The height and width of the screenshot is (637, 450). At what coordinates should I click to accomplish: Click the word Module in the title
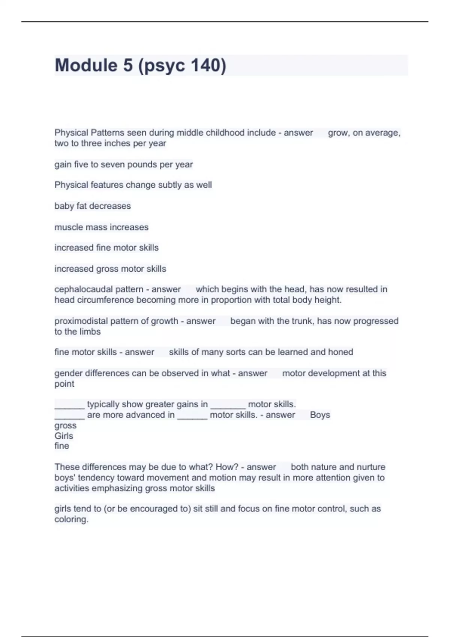pyautogui.click(x=86, y=65)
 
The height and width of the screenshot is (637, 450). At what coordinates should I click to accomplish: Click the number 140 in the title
pyautogui.click(x=206, y=65)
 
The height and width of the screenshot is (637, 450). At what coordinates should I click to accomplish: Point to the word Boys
pyautogui.click(x=320, y=415)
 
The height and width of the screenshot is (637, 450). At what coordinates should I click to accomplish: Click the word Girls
pyautogui.click(x=64, y=436)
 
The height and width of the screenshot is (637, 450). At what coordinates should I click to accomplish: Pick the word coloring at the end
pyautogui.click(x=71, y=519)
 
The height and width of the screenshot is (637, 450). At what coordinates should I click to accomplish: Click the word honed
pyautogui.click(x=340, y=352)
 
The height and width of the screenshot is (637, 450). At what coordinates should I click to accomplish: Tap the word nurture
pyautogui.click(x=371, y=467)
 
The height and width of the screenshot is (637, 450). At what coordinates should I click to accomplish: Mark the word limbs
pyautogui.click(x=90, y=332)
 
